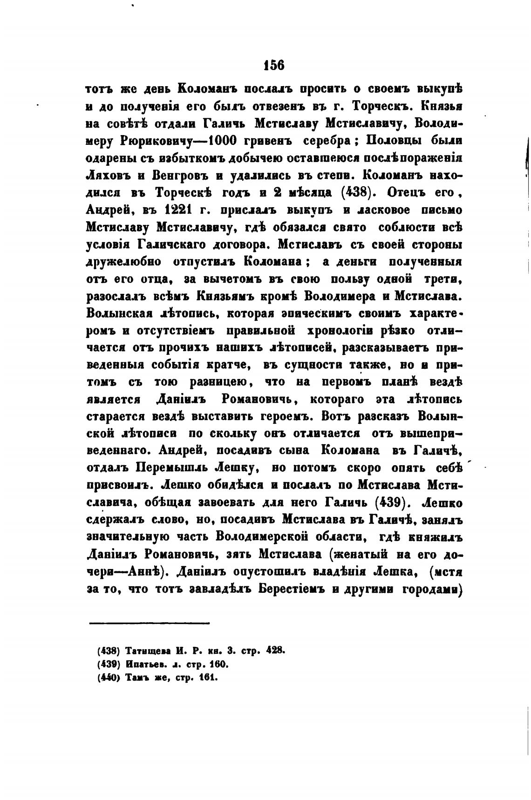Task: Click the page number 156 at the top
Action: point(273,65)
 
